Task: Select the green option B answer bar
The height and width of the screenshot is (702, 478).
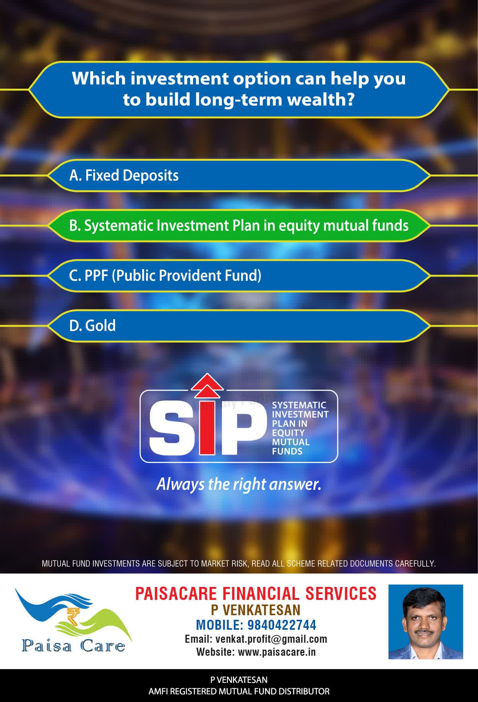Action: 239,226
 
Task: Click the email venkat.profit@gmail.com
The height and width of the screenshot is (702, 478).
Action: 272,639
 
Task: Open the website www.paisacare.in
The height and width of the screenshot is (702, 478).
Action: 277,652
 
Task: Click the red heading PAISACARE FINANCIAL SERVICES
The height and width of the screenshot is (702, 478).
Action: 256,593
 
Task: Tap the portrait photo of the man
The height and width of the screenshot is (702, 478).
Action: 426,622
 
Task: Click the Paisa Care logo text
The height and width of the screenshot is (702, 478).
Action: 73,646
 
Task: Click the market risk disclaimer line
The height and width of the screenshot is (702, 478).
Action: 239,564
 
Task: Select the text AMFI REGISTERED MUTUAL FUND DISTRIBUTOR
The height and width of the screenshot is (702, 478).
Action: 239,691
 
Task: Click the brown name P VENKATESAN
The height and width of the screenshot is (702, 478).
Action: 256,610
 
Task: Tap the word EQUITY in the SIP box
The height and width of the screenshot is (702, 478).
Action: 288,433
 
